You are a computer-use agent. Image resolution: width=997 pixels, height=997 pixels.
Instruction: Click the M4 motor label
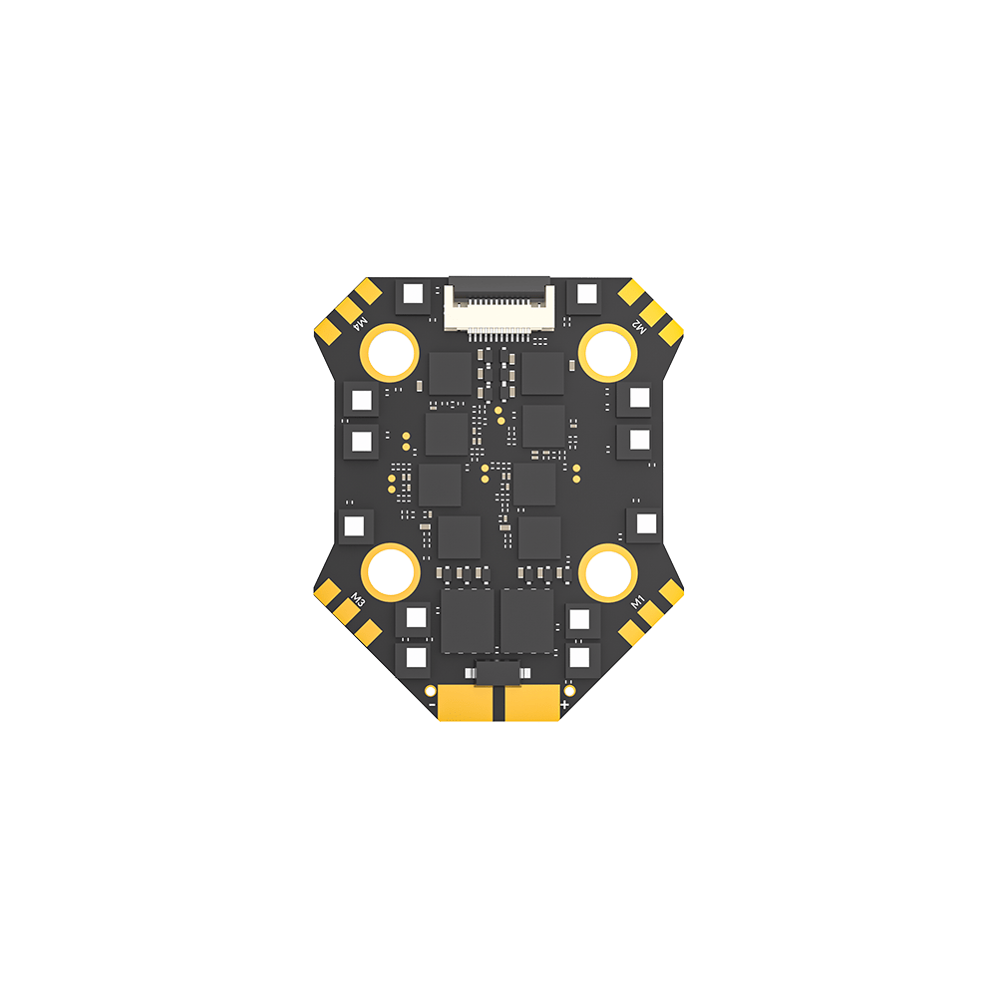(x=360, y=323)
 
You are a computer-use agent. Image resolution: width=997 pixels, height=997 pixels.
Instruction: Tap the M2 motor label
(x=639, y=325)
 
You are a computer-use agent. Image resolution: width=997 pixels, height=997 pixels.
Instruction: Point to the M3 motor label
(x=359, y=599)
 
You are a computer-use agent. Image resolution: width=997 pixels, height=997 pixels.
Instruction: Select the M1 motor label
(x=637, y=601)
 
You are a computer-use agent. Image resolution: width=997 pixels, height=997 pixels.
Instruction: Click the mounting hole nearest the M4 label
(x=389, y=353)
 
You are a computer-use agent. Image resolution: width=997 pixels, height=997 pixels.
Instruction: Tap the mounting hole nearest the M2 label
(x=608, y=353)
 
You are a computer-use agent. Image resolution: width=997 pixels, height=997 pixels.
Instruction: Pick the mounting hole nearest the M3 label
(x=390, y=572)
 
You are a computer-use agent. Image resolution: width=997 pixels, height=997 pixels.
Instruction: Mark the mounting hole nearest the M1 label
(x=608, y=572)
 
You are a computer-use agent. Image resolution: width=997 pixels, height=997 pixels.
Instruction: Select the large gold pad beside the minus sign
(x=466, y=702)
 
